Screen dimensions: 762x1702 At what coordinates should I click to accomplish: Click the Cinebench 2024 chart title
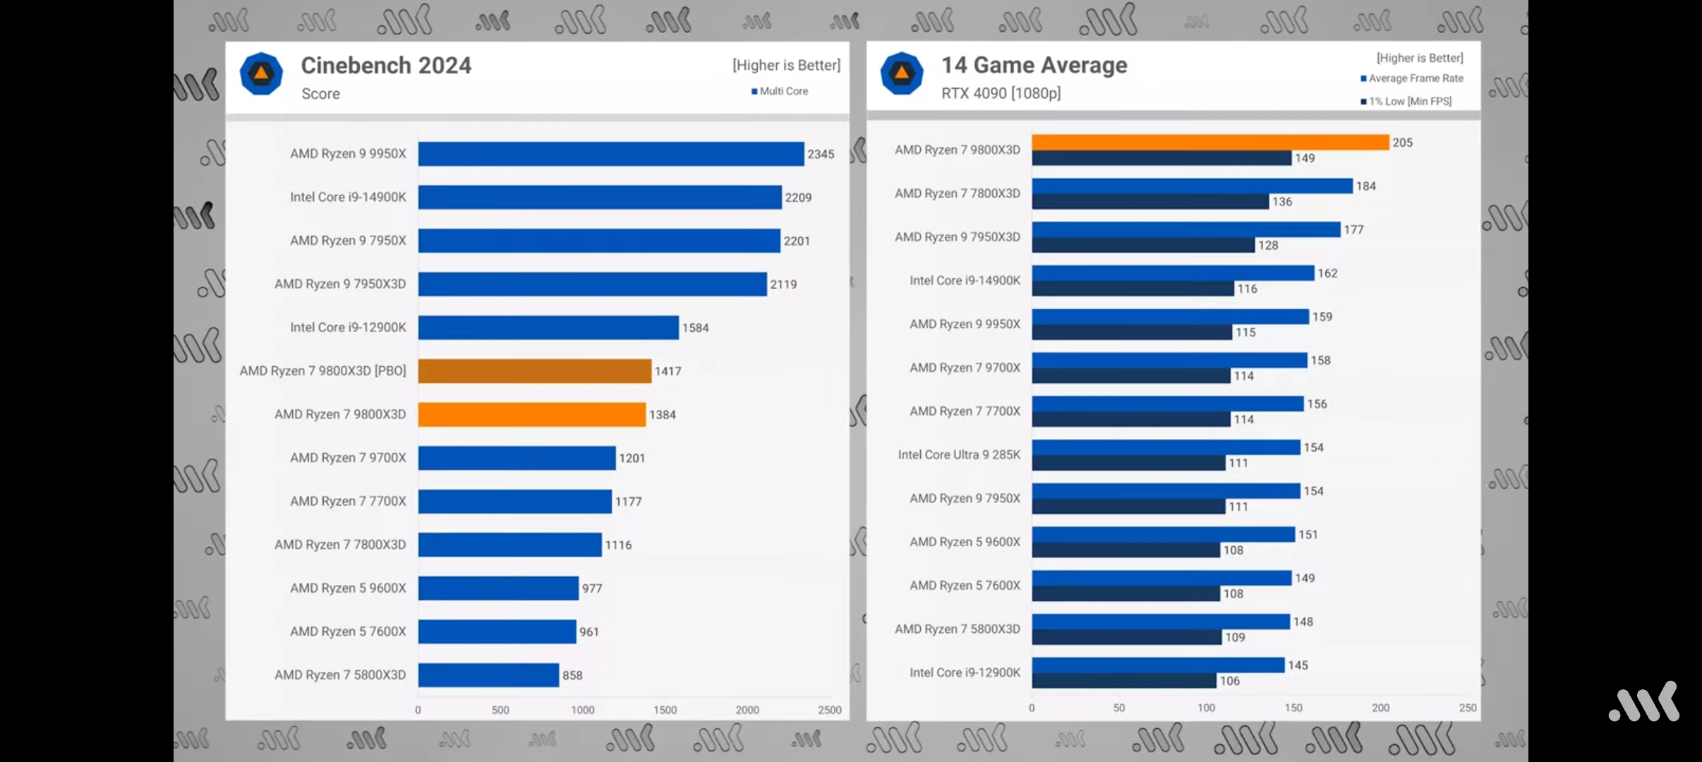[386, 66]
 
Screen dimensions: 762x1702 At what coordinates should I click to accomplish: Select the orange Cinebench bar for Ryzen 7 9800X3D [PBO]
[534, 371]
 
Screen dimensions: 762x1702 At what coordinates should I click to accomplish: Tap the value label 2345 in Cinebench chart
[821, 154]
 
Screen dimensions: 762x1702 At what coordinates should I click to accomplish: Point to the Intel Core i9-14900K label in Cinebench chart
[348, 197]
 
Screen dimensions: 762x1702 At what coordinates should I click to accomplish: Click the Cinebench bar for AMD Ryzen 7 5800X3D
[488, 675]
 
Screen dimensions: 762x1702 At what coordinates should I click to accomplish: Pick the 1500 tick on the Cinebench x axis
[665, 710]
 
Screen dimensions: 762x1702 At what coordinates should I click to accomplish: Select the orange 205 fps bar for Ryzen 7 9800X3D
[1210, 143]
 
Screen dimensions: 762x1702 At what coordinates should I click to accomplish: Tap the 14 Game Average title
[1034, 65]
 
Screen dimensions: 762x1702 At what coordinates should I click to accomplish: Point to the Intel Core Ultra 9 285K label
[959, 455]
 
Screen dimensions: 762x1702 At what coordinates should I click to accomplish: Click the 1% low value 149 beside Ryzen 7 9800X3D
[1305, 158]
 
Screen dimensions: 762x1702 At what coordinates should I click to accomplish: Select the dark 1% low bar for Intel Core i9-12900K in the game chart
[1124, 681]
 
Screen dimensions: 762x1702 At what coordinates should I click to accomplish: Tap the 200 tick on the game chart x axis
[1380, 708]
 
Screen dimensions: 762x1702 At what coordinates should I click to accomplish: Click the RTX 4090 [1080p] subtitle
[1001, 93]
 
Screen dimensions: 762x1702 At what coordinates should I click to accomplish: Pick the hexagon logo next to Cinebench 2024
[261, 73]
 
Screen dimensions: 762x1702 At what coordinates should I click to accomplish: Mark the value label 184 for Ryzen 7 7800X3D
[1365, 186]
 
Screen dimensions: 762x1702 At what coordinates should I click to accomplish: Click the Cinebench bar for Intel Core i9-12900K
[548, 327]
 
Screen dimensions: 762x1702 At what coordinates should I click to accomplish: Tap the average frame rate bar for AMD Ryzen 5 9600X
[1163, 534]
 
